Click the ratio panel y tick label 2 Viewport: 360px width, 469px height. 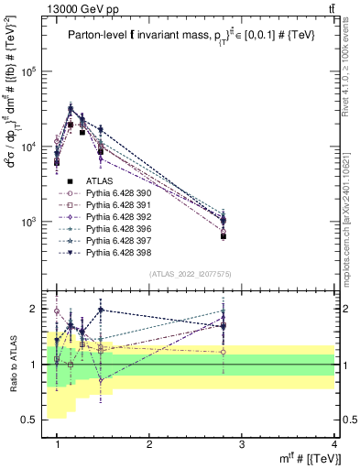(37, 309)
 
